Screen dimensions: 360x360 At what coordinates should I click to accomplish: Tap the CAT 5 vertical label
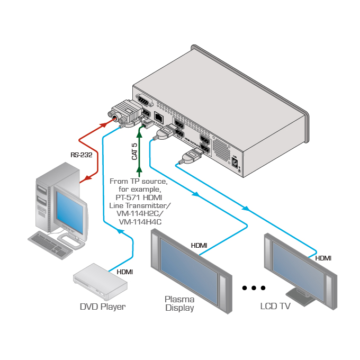tap(134, 151)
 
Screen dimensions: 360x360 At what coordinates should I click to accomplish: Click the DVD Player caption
tap(103, 307)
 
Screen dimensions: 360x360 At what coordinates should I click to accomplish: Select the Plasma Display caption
tap(179, 303)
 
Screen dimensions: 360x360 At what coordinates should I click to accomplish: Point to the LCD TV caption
tap(275, 306)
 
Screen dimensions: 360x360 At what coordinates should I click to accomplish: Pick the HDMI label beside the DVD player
tap(125, 272)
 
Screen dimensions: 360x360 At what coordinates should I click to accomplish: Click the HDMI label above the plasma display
tap(199, 246)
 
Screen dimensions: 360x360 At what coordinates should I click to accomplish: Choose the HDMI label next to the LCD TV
tap(323, 258)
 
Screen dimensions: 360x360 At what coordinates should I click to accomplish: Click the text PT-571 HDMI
tap(139, 196)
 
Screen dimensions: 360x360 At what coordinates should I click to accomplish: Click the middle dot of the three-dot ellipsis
tap(254, 288)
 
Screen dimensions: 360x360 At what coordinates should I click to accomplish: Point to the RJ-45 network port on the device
tap(158, 116)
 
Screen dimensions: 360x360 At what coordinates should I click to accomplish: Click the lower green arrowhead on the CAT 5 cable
tap(139, 170)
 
